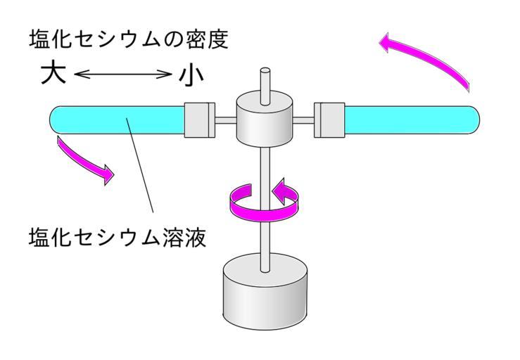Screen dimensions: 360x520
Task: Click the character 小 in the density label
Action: click(189, 74)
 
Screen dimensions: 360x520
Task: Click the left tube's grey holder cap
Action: click(198, 120)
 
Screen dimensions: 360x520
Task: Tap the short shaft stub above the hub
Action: click(265, 80)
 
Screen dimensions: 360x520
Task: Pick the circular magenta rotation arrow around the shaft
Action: click(264, 200)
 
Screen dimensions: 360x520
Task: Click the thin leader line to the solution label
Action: click(140, 169)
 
